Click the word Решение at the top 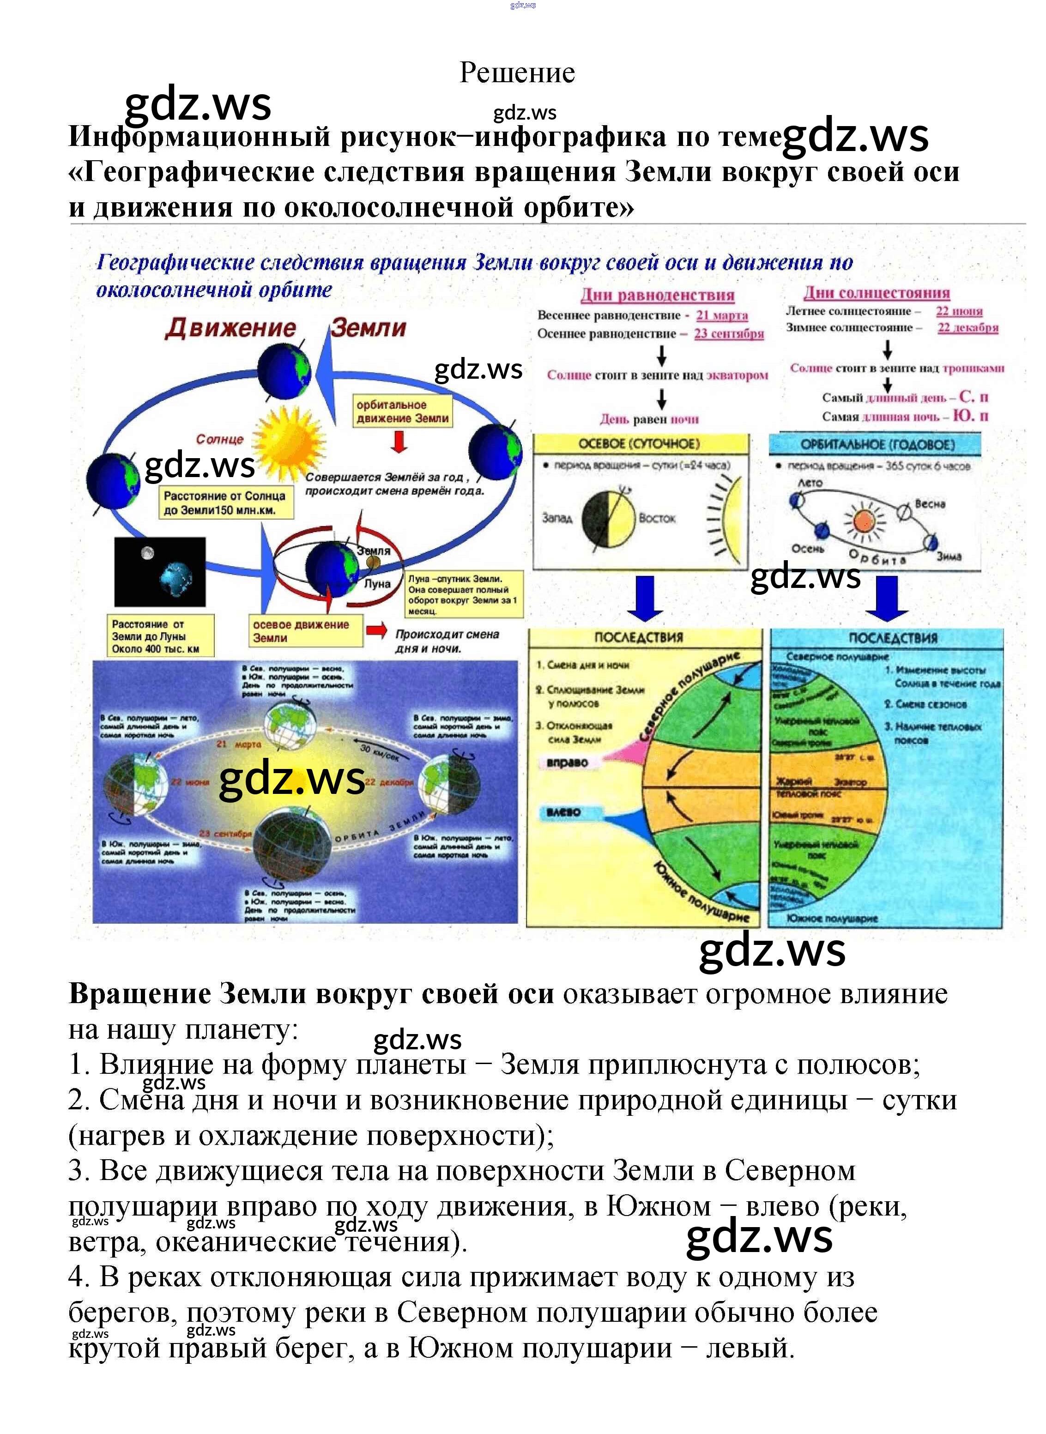517,73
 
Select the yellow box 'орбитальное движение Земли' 403,411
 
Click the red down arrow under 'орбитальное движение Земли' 399,442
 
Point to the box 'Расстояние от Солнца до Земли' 225,502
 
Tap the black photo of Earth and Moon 160,572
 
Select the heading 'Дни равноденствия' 657,295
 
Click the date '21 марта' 722,315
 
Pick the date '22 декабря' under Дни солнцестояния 967,327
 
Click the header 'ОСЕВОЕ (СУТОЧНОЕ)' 640,444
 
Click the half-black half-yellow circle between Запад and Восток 608,519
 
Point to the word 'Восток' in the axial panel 657,519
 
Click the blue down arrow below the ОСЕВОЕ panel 645,598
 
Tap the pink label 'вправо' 567,762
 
